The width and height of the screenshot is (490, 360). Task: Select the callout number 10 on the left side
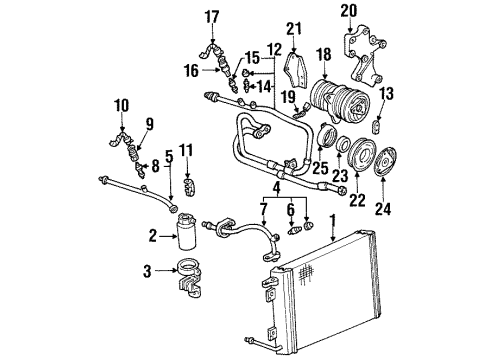point(121,105)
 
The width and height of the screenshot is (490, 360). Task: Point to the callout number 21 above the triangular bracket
point(293,28)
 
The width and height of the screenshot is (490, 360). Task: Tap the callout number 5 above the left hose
point(169,156)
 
